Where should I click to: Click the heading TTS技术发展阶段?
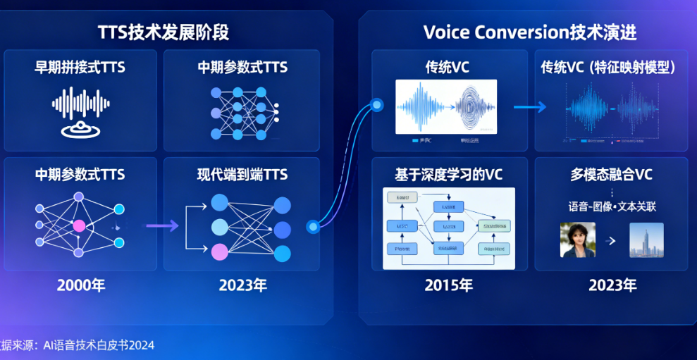tap(163, 32)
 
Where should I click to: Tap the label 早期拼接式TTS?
tap(80, 68)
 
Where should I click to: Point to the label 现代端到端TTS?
tap(242, 175)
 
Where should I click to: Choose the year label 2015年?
tap(449, 285)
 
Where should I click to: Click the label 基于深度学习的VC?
tap(449, 175)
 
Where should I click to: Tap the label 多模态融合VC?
tap(611, 175)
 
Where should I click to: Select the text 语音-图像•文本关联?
tap(611, 206)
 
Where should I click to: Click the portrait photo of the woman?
tap(577, 240)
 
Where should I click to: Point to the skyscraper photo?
tap(646, 240)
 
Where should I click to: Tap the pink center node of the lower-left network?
tap(79, 225)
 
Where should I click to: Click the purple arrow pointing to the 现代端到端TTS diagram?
tap(161, 225)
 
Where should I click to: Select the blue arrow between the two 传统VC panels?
tap(530, 107)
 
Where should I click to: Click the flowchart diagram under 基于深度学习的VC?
tap(448, 228)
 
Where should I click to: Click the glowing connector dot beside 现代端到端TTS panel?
tap(313, 227)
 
